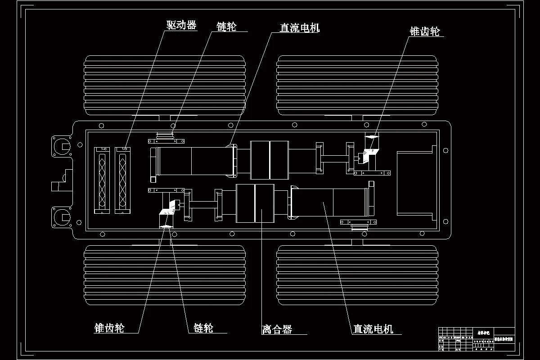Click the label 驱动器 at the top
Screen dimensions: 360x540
point(181,25)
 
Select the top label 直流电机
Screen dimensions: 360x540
point(299,28)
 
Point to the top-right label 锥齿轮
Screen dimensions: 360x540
point(424,31)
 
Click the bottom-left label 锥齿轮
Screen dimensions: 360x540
point(109,328)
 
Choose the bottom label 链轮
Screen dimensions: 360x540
point(203,328)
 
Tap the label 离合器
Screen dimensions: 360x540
point(277,329)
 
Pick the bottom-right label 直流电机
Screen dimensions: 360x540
point(373,329)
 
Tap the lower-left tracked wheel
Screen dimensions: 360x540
point(165,274)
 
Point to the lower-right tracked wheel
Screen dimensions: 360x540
point(357,274)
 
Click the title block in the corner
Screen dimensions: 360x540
point(477,338)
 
